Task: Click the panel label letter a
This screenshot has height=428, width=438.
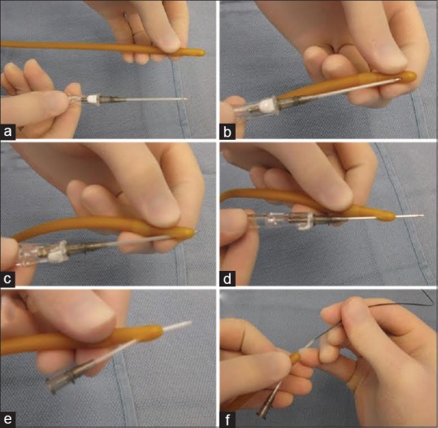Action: tap(8, 131)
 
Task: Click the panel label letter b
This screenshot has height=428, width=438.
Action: tap(228, 131)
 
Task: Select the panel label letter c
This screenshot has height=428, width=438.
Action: tap(8, 278)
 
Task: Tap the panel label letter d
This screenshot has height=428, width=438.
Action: tap(228, 278)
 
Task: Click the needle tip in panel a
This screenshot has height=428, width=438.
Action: tap(187, 98)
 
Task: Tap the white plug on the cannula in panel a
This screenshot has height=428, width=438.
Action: tap(93, 99)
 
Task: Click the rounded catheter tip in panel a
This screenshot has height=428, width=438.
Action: tap(199, 52)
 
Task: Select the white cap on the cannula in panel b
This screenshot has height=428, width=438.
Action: tap(266, 106)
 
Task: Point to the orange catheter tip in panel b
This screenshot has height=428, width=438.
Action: tap(410, 76)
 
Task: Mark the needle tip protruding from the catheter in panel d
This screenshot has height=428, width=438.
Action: tap(421, 216)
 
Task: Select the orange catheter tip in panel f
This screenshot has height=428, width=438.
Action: tap(296, 356)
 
